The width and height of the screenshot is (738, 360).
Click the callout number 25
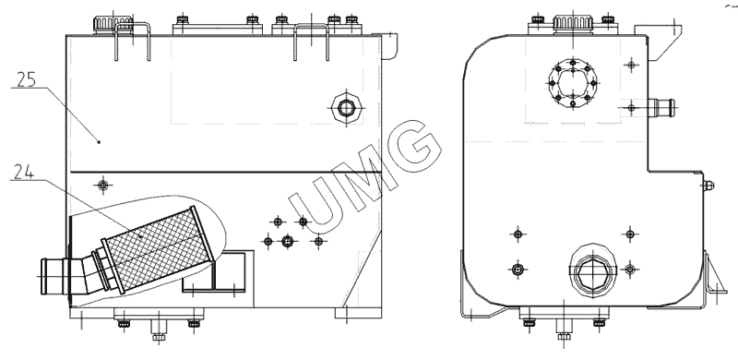click(26, 79)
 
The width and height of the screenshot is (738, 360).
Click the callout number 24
click(24, 172)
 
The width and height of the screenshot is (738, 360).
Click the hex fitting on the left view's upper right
click(347, 108)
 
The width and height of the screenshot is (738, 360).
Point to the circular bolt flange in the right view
click(573, 83)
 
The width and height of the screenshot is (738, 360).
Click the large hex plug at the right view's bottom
click(591, 273)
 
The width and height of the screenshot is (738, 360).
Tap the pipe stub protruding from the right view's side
click(661, 107)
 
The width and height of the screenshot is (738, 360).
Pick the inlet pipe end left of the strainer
click(53, 276)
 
